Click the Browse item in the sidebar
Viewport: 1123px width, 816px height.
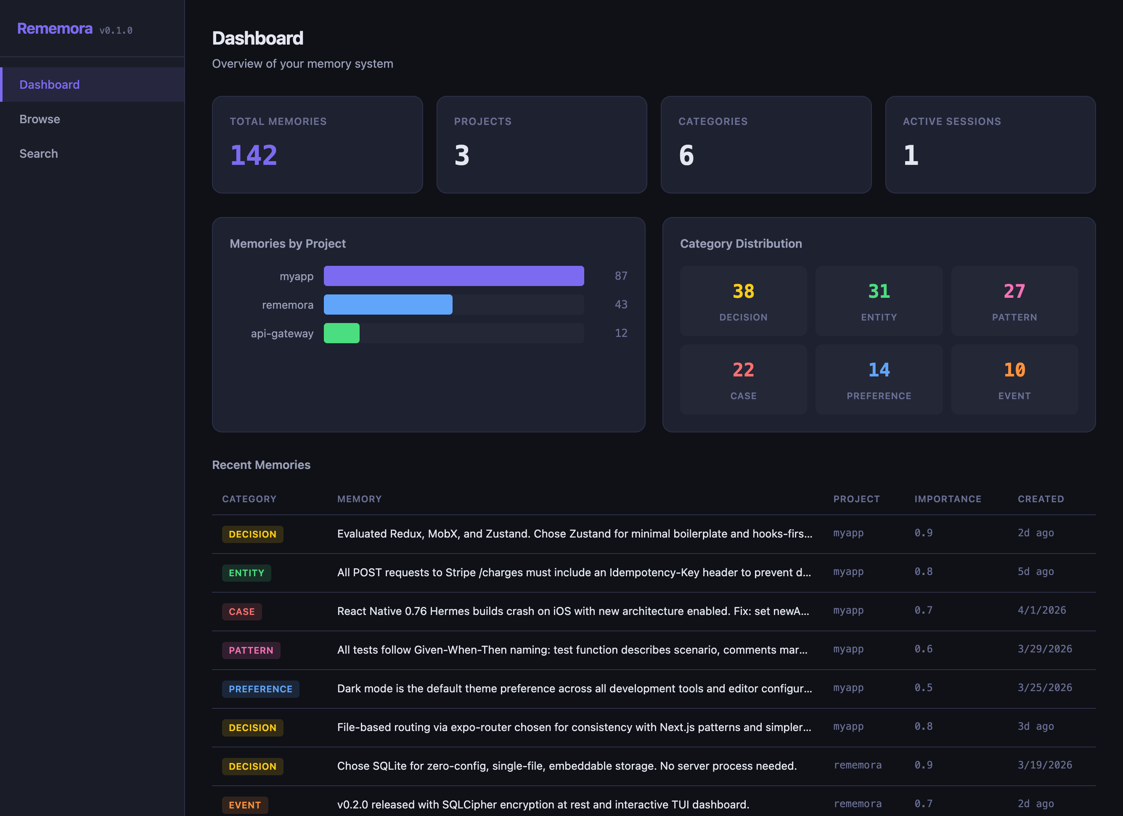(x=40, y=119)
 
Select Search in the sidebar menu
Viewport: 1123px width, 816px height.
(x=39, y=154)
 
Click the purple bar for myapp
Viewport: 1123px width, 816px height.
(x=453, y=276)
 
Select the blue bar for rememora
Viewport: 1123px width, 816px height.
(x=388, y=305)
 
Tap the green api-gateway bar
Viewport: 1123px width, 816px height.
(x=341, y=333)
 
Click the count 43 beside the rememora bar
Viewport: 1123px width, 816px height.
(x=621, y=305)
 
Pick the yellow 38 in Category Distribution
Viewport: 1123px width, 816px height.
(x=743, y=291)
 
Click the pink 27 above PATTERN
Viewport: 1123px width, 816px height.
(x=1014, y=291)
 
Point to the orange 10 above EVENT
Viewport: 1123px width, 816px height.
(x=1014, y=370)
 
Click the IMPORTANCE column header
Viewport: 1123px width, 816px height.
(x=948, y=499)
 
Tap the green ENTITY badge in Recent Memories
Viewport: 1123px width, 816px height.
(x=246, y=573)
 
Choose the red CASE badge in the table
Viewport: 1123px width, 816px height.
(x=241, y=612)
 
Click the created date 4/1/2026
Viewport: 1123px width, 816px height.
(x=1042, y=610)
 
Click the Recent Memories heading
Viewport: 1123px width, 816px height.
(x=261, y=465)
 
